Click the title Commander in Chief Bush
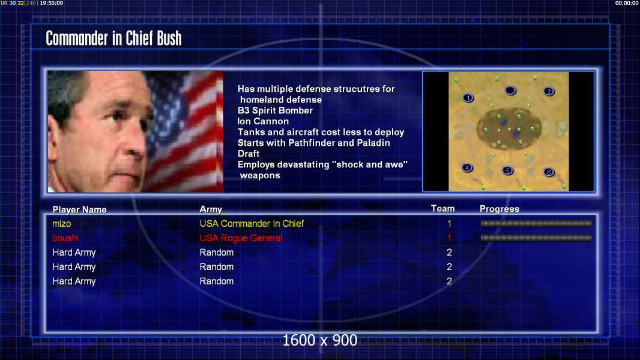(113, 38)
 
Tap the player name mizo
(62, 223)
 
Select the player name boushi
(65, 238)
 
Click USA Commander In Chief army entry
(252, 223)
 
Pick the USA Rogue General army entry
(241, 238)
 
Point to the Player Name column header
(80, 209)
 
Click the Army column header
(211, 209)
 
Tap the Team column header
(443, 209)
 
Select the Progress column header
(500, 209)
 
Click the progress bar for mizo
(536, 223)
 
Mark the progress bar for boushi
(536, 238)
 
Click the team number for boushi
(450, 238)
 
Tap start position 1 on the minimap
(468, 98)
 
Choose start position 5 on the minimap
(507, 170)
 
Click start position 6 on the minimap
(549, 172)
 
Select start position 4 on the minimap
(467, 167)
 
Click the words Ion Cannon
(264, 121)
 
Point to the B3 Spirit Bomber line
(275, 110)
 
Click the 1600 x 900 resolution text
(319, 340)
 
